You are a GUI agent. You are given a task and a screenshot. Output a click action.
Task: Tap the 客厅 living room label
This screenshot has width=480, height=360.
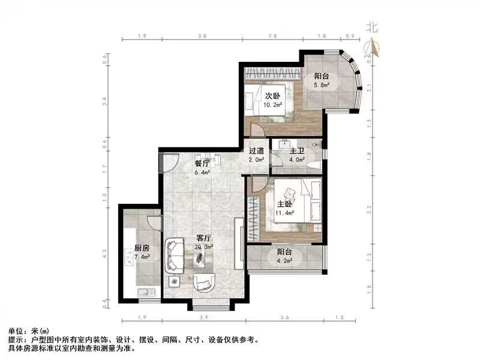click(202, 238)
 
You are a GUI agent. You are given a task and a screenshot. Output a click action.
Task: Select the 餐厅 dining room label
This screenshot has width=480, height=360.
click(202, 163)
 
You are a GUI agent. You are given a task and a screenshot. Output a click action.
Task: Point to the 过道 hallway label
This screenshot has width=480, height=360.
click(257, 151)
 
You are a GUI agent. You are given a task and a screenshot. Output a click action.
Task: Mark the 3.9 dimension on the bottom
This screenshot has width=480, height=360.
click(203, 317)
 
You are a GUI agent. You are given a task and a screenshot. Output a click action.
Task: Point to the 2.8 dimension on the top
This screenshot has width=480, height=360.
click(272, 36)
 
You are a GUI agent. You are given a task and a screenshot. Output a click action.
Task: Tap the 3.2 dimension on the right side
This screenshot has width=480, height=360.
click(368, 209)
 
